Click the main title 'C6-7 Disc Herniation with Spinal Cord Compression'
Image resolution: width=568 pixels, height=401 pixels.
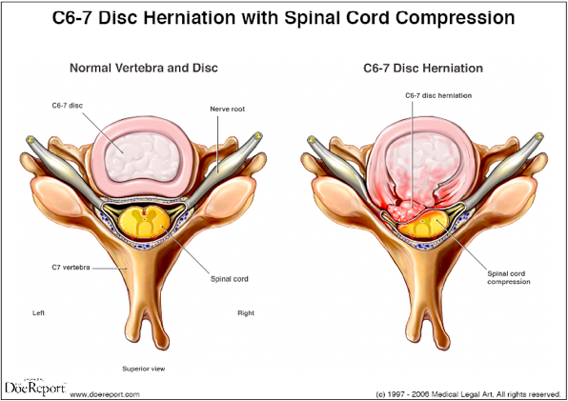284,18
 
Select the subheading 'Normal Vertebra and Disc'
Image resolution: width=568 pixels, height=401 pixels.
144,68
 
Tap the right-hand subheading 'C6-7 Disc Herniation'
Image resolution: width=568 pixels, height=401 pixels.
423,68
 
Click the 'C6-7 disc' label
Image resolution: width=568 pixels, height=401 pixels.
67,106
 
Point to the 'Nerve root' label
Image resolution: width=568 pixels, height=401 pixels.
228,109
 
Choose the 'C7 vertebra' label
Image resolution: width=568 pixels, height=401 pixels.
71,268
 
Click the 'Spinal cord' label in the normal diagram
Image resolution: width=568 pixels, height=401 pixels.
230,279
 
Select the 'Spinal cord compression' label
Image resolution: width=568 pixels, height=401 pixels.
509,277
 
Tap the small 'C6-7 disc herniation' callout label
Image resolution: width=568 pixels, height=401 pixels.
438,95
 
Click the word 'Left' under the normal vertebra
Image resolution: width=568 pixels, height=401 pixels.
38,312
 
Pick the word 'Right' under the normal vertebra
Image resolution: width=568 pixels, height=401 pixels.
246,313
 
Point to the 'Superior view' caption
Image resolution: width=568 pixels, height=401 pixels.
144,369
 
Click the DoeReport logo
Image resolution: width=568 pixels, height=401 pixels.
35,388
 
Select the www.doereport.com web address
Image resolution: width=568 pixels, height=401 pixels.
105,394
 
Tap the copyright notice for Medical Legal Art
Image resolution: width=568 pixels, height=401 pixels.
468,394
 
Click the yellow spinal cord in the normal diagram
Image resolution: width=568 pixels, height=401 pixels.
145,223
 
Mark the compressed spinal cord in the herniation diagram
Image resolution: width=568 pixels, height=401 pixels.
423,225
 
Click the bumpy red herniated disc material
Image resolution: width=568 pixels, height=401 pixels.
404,211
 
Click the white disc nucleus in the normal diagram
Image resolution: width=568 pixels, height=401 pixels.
144,156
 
